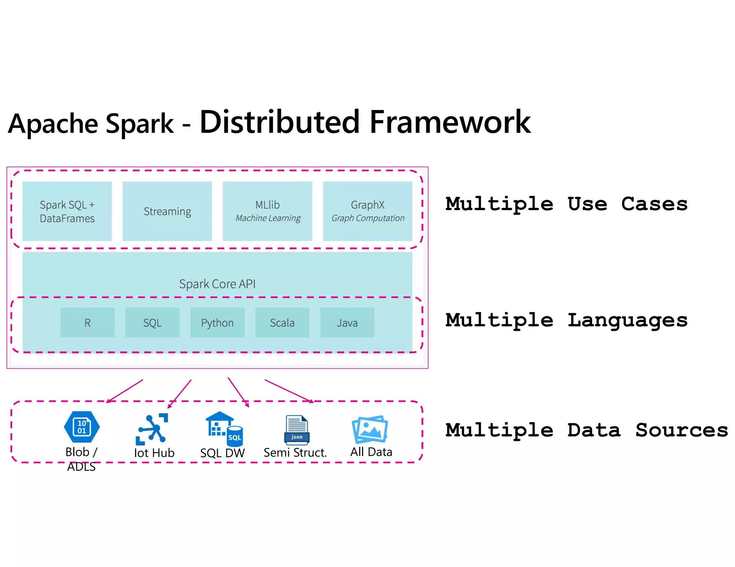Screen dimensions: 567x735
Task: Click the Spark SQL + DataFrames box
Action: click(67, 211)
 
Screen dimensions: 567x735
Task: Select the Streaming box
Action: click(167, 211)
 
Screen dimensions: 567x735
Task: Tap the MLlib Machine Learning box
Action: click(267, 211)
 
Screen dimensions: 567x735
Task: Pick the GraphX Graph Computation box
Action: click(367, 211)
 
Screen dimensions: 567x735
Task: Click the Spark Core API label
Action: click(217, 284)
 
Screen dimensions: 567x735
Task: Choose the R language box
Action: click(88, 323)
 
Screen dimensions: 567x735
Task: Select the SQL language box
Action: click(153, 323)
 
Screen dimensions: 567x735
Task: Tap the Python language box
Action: click(217, 323)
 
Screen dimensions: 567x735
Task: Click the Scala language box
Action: click(282, 323)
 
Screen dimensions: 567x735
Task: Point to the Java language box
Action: click(347, 323)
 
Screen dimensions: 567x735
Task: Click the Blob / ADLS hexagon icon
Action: click(82, 427)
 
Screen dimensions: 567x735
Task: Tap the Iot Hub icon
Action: click(153, 429)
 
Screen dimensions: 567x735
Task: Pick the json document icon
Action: click(296, 430)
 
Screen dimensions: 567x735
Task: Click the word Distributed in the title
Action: click(280, 122)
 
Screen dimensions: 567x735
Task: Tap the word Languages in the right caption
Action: click(628, 320)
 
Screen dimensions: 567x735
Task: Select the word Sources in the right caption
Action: click(682, 430)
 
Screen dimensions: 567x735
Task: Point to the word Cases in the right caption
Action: click(654, 204)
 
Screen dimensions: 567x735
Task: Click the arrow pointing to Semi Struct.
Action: click(289, 391)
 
